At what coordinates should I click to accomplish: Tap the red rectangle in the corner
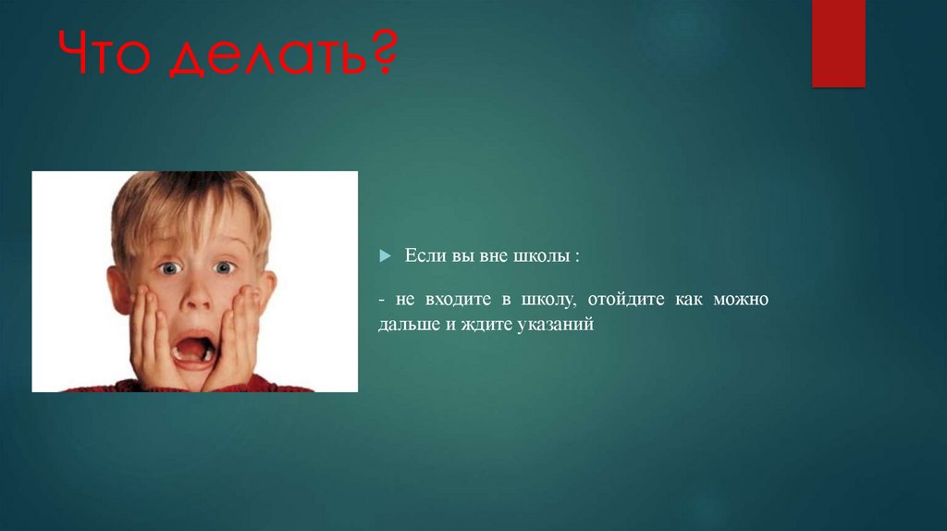coord(838,43)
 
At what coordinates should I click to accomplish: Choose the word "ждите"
coord(495,325)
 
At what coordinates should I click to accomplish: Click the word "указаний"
coord(559,325)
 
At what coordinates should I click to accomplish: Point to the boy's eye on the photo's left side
coord(167,268)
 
